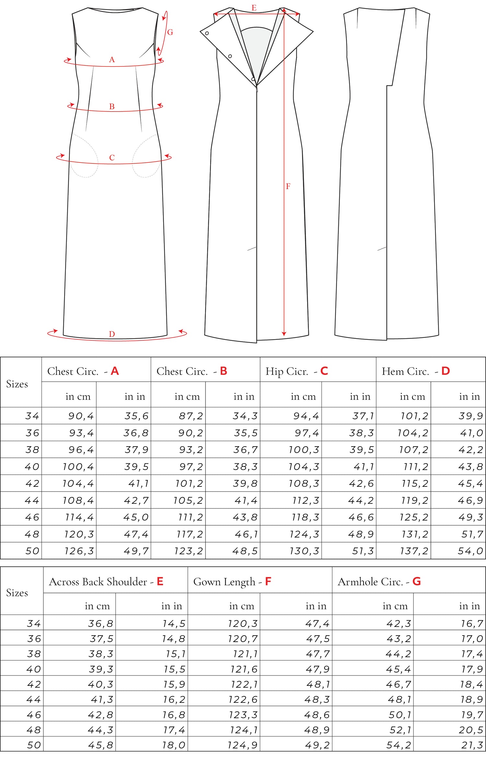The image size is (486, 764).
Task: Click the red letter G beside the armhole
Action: (x=170, y=32)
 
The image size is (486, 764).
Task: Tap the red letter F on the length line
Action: (x=288, y=186)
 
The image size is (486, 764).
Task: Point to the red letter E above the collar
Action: (x=254, y=8)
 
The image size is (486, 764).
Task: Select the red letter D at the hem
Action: (x=112, y=334)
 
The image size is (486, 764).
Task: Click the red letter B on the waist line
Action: (x=112, y=106)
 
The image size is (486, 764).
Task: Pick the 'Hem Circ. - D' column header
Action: (x=416, y=371)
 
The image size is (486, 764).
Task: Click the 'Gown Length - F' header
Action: (x=232, y=581)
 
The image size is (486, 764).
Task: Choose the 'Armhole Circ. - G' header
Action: (x=379, y=581)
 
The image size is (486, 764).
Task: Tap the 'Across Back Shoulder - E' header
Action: (x=106, y=581)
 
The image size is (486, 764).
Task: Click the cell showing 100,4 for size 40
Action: (x=78, y=467)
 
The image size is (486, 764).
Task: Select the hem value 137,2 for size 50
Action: (x=414, y=551)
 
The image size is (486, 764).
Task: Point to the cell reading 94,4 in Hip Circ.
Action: (x=306, y=416)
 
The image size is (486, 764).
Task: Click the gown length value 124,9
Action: (x=243, y=745)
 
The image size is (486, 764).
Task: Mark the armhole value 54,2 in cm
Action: (x=399, y=745)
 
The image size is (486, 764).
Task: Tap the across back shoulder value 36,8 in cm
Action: (x=100, y=623)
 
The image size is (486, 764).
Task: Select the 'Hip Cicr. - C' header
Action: (x=297, y=371)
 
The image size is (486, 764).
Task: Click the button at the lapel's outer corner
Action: (x=207, y=33)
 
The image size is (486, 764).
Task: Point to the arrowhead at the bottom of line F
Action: (x=284, y=334)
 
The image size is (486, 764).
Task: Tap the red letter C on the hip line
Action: (x=112, y=158)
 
